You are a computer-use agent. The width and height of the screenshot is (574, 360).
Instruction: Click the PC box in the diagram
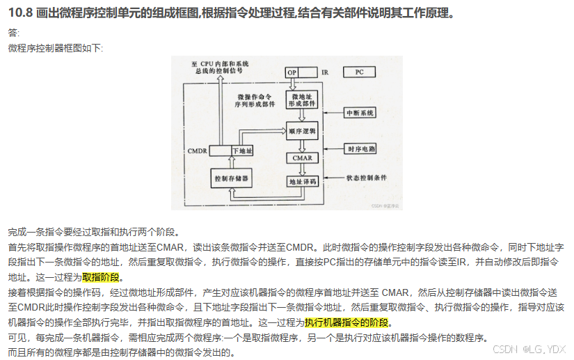[x=359, y=72]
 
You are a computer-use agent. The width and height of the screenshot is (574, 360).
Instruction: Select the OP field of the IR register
[x=293, y=72]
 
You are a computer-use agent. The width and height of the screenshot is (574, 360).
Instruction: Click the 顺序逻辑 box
[x=301, y=130]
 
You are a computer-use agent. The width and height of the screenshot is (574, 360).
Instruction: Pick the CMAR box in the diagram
[x=302, y=158]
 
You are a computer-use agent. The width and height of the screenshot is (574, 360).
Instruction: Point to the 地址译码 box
[x=302, y=181]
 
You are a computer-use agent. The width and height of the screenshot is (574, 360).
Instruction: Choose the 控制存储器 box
[x=232, y=178]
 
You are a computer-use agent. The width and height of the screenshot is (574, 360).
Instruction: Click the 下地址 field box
[x=242, y=150]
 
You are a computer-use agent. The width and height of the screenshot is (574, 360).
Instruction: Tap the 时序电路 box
[x=360, y=148]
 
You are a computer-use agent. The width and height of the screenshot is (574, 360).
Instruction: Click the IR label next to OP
[x=325, y=72]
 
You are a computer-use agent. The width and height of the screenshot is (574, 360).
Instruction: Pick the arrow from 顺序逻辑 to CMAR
[x=302, y=144]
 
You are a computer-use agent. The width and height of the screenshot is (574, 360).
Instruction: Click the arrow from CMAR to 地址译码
[x=302, y=169]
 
